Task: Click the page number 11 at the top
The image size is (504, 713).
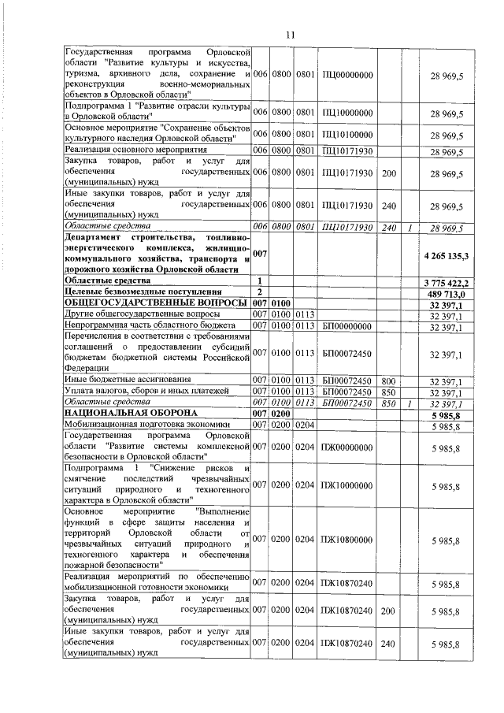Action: (289, 35)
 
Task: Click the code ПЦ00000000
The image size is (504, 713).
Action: (347, 74)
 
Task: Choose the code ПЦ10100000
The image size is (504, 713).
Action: (347, 135)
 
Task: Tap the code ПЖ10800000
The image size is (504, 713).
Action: (347, 540)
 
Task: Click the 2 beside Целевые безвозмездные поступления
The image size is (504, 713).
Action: (260, 292)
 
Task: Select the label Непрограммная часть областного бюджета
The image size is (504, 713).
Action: (142, 325)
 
